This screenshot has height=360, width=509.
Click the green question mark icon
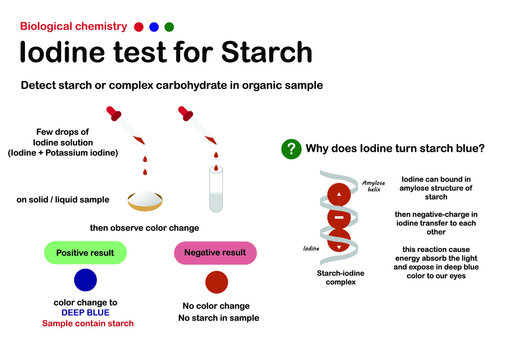[x=291, y=149]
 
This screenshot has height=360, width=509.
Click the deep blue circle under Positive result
[x=86, y=281]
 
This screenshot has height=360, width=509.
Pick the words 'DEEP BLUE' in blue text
[x=86, y=311]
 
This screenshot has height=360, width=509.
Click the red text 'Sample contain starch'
[x=86, y=323]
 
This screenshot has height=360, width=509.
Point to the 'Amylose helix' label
[x=372, y=182]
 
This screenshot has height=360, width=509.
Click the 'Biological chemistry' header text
[x=73, y=25]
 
